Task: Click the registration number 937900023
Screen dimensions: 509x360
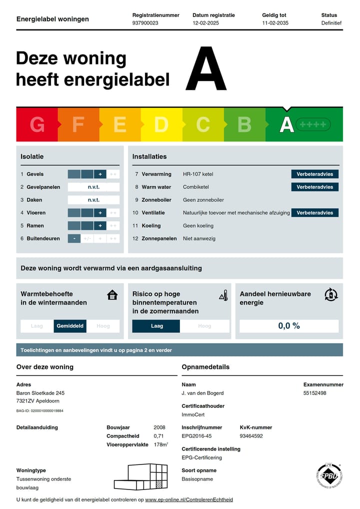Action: [x=145, y=23]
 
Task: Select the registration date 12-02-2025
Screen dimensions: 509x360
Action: [x=206, y=23]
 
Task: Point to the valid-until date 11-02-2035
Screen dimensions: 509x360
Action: [x=275, y=23]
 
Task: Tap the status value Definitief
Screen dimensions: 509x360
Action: [x=331, y=23]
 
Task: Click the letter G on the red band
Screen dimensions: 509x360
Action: [x=37, y=124]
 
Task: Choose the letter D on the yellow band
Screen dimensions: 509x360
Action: [x=161, y=124]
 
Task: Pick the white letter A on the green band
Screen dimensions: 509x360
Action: [x=286, y=124]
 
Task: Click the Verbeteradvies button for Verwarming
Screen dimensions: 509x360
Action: [x=314, y=174]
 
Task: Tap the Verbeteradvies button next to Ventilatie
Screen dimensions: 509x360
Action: [x=314, y=212]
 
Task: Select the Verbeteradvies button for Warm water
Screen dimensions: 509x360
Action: [x=314, y=187]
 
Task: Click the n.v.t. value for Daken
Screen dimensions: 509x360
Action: [x=93, y=200]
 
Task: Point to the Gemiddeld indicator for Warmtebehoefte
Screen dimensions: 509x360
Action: [x=70, y=326]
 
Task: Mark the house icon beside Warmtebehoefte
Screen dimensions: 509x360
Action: [x=112, y=295]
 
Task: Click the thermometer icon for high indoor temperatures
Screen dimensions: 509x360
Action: [x=223, y=295]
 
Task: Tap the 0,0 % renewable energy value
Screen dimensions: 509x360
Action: [x=289, y=326]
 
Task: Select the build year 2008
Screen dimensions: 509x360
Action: [x=159, y=427]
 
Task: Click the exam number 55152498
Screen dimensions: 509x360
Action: [x=314, y=393]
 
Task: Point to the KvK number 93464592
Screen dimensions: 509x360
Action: [x=251, y=436]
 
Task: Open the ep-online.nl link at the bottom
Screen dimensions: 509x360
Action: [x=189, y=499]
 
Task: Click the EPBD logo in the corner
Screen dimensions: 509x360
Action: [x=328, y=477]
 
